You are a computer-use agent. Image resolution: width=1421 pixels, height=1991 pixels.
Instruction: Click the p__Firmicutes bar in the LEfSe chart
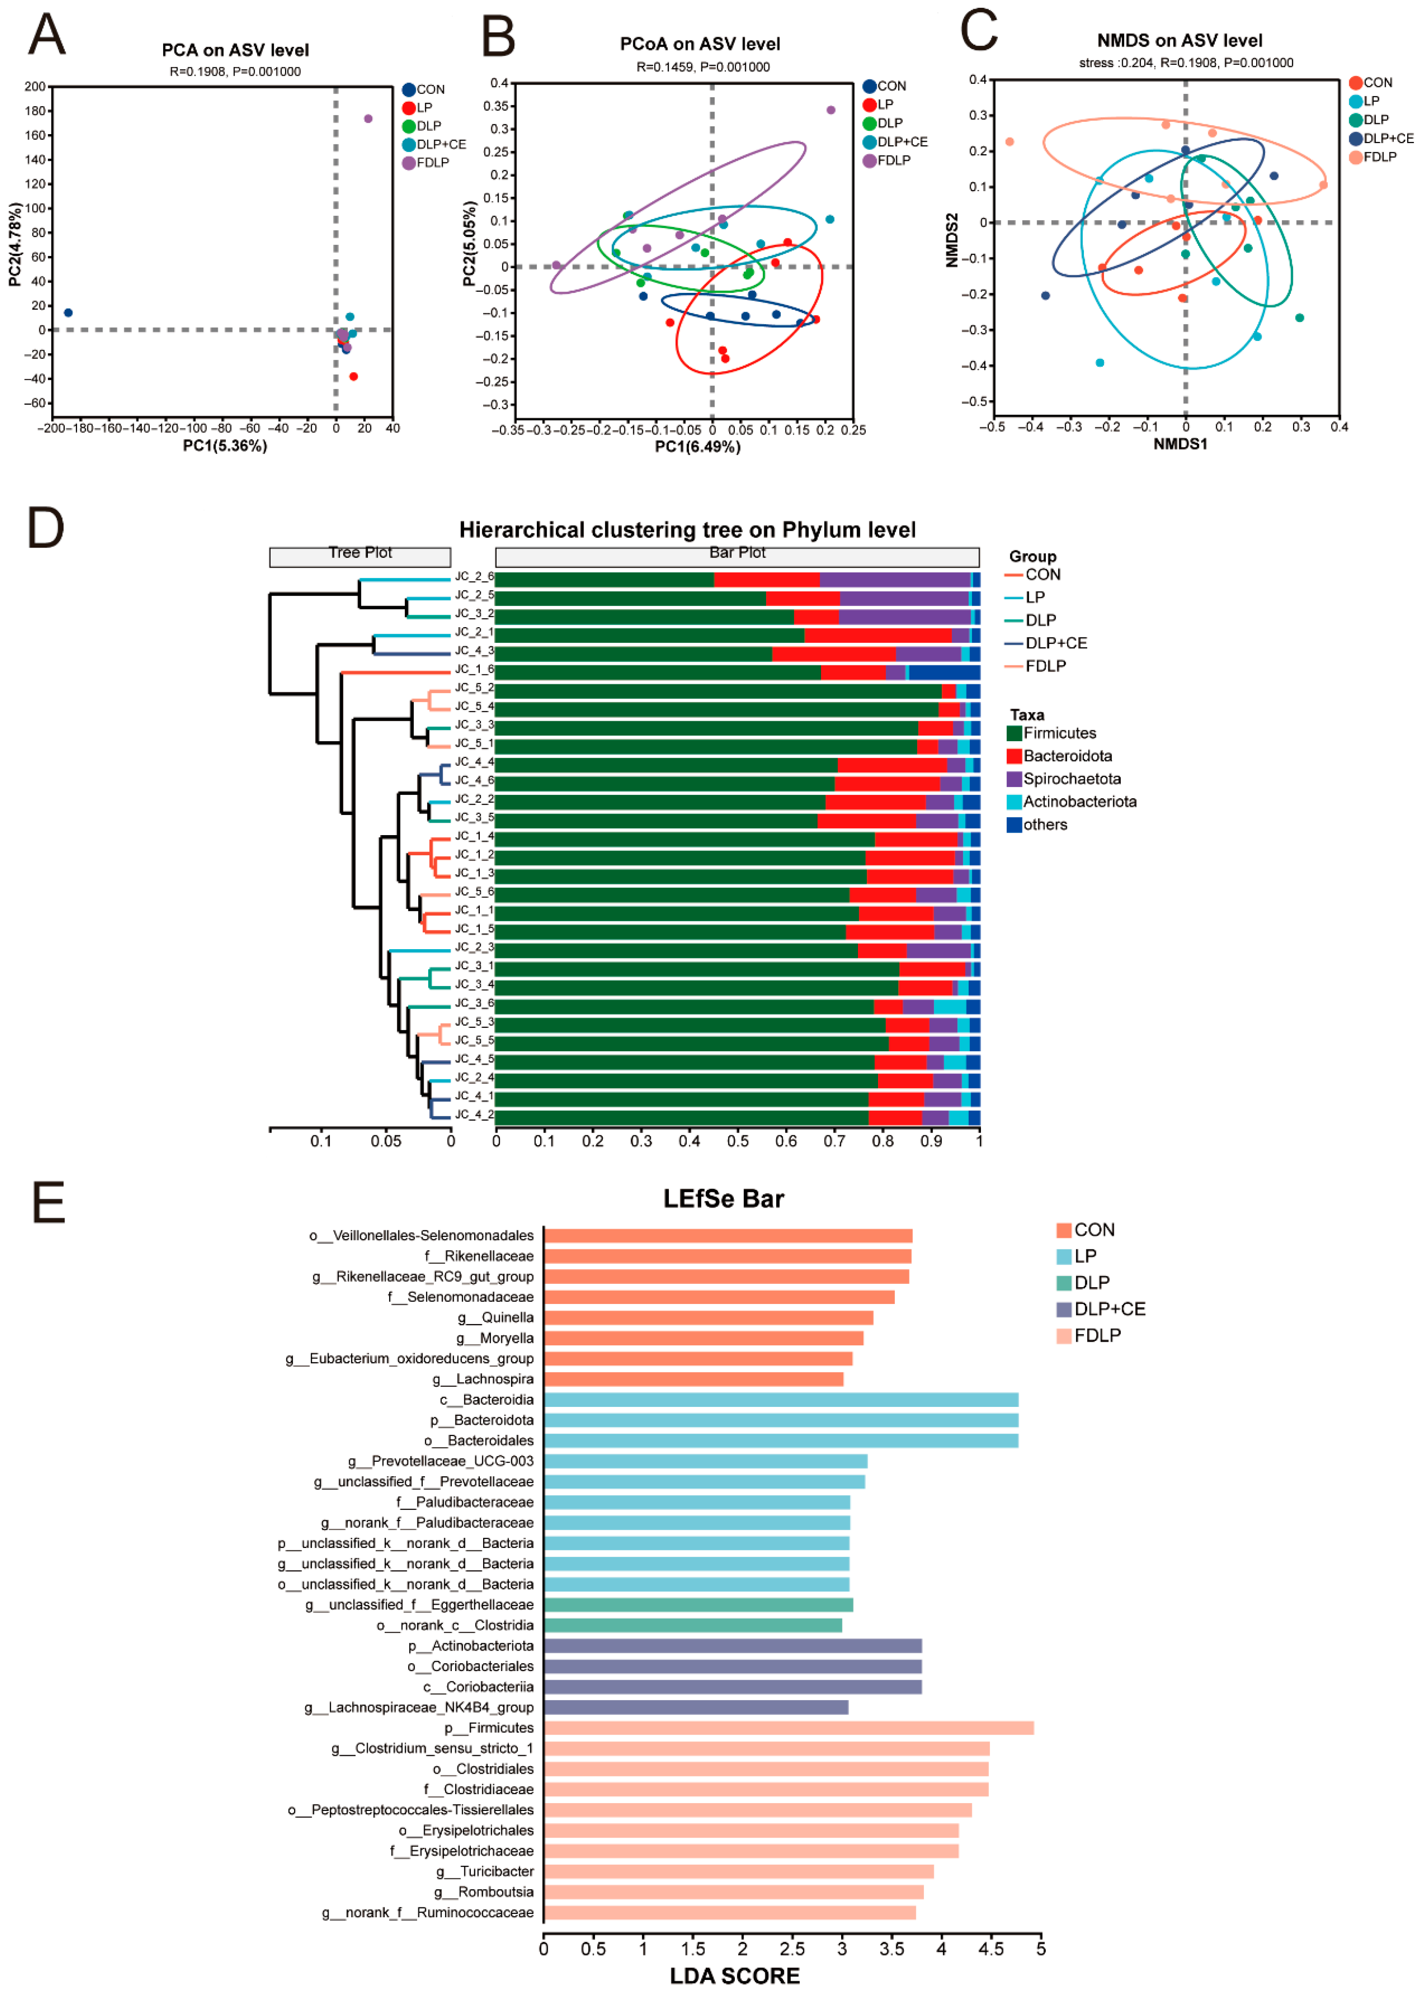pyautogui.click(x=787, y=1728)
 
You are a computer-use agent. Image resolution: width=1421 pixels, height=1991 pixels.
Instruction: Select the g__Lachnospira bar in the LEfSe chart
pyautogui.click(x=693, y=1379)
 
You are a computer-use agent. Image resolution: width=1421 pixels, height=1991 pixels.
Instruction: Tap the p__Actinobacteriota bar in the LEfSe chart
pyautogui.click(x=732, y=1645)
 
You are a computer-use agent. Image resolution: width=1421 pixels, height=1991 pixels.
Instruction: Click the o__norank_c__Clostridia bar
pyautogui.click(x=692, y=1625)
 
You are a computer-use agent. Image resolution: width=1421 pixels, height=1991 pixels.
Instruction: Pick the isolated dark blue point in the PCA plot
pyautogui.click(x=68, y=313)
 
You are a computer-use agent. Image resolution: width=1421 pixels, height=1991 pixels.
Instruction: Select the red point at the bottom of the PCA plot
pyautogui.click(x=354, y=376)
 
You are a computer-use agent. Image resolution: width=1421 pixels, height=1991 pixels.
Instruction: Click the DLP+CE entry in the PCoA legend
pyautogui.click(x=901, y=142)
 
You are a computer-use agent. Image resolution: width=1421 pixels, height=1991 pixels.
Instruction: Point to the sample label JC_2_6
pyautogui.click(x=473, y=577)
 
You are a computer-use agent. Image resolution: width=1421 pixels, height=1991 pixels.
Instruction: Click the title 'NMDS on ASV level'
pyautogui.click(x=1179, y=40)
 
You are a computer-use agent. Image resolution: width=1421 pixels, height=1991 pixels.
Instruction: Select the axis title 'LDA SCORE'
pyautogui.click(x=735, y=1976)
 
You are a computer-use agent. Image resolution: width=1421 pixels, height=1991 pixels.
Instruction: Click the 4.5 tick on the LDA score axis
pyautogui.click(x=990, y=1949)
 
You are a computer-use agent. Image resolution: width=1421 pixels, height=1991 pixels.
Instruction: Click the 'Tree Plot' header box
pyautogui.click(x=360, y=553)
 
